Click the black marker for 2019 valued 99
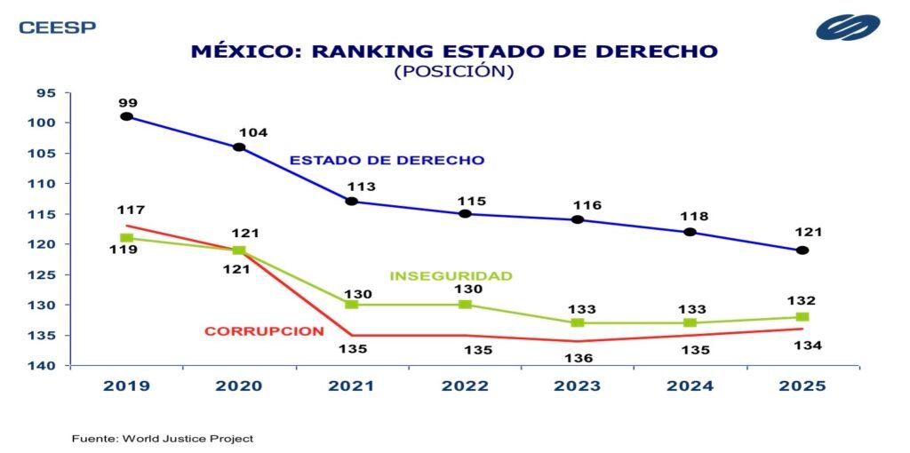click(126, 116)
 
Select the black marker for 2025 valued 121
click(802, 250)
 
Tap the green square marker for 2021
click(351, 305)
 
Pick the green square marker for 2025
click(802, 317)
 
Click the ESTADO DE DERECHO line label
click(387, 161)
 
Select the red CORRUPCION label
click(264, 331)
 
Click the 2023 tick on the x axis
click(578, 386)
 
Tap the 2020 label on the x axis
click(239, 386)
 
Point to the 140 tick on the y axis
click(46, 366)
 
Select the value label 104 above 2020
click(253, 132)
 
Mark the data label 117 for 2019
click(131, 211)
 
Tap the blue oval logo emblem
click(848, 27)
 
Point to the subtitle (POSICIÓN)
click(454, 72)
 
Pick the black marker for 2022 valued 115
click(464, 214)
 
